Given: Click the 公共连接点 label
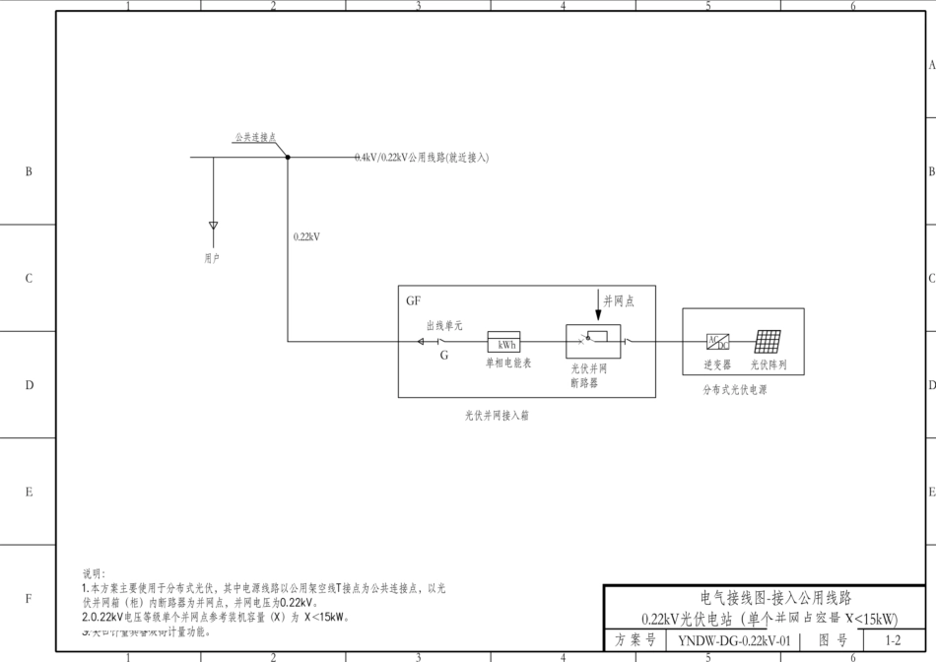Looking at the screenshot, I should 255,138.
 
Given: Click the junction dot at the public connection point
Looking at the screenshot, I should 287,157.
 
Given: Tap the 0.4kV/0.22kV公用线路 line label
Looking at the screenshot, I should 422,158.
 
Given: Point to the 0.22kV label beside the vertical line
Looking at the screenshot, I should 307,236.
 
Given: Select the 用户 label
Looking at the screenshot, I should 213,258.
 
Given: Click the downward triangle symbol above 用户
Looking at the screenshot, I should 213,226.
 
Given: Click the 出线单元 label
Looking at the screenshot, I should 444,325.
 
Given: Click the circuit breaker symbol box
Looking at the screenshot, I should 589,340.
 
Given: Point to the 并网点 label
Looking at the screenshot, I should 619,301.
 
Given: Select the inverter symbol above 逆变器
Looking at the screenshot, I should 717,342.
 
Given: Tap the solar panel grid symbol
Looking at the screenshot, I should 769,341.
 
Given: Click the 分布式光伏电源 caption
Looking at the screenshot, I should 735,390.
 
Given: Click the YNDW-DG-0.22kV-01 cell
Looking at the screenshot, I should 733,640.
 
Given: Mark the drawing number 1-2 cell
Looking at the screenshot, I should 893,640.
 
